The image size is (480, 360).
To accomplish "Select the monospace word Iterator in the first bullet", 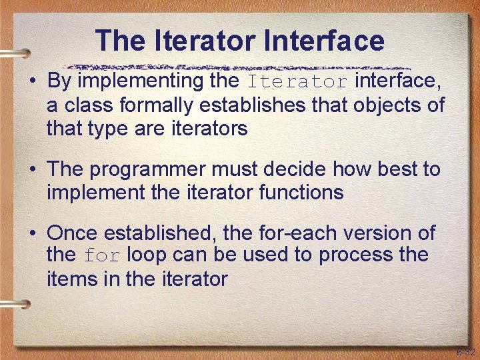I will click(298, 83).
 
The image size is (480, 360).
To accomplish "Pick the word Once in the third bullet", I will click(73, 233).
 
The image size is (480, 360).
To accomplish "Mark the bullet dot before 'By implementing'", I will click(32, 82).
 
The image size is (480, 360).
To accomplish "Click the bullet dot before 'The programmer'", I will click(32, 170).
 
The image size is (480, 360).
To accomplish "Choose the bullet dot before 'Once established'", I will click(32, 234).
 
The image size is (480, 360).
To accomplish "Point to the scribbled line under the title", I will click(240, 67).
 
